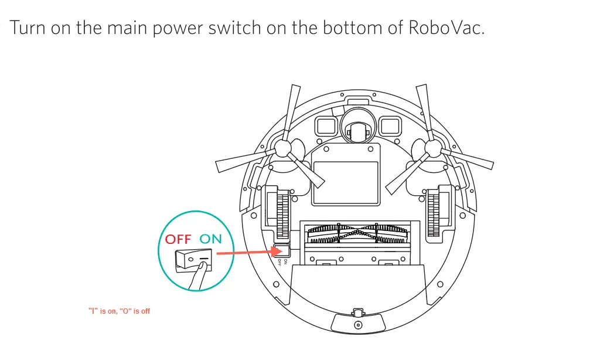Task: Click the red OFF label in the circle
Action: pos(178,239)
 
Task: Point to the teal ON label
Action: pos(210,239)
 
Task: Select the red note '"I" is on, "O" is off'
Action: pos(119,311)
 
